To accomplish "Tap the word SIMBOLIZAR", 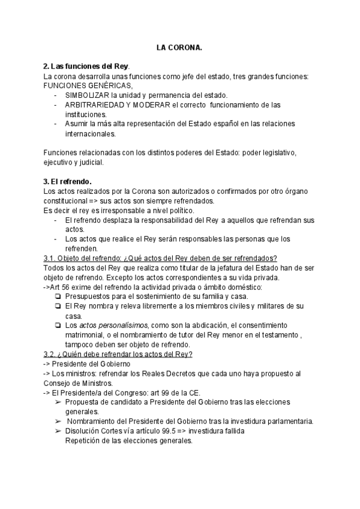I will point(86,95).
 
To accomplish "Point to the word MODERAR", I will point(151,105).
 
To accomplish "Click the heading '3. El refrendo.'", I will point(67,181).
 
